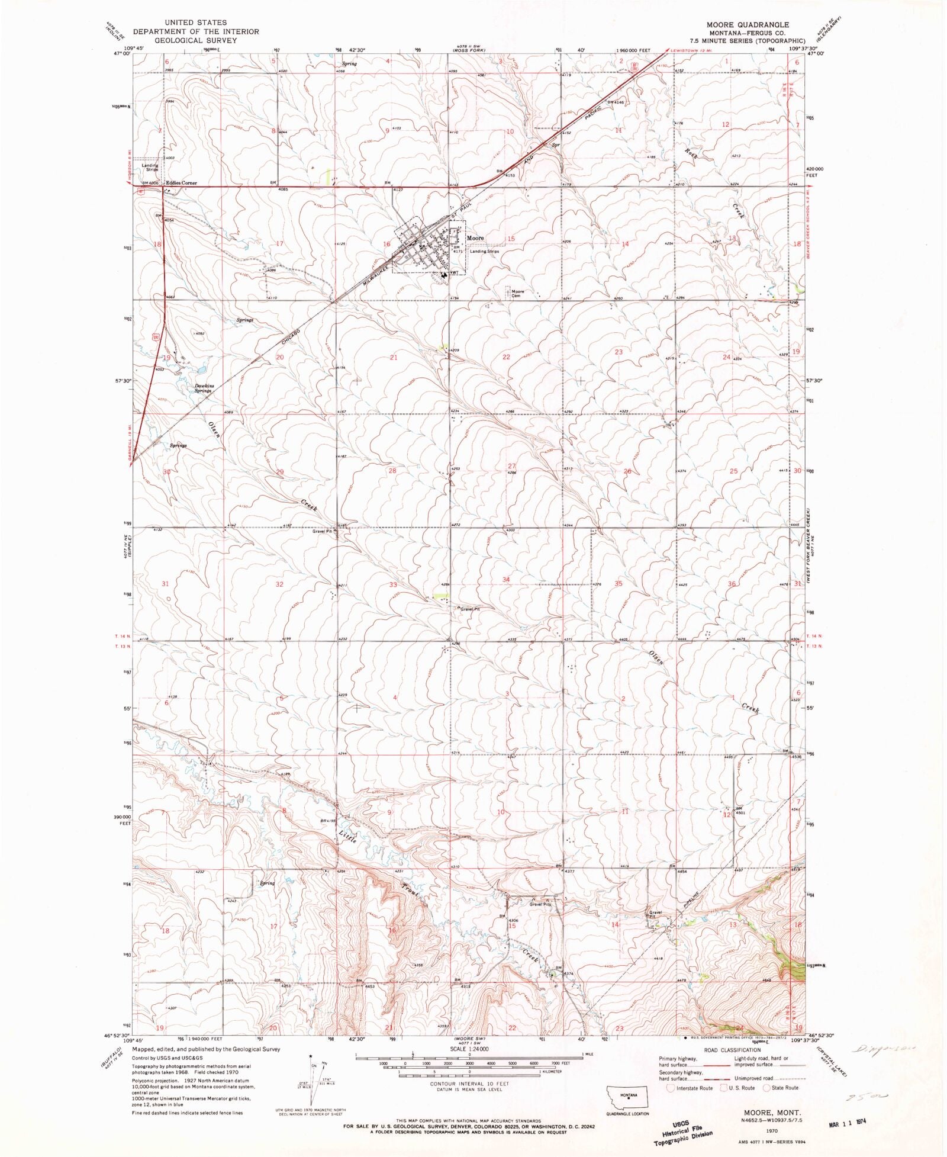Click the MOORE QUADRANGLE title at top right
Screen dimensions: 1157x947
747,25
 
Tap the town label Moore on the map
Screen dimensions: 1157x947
475,238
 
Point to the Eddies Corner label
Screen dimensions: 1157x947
181,183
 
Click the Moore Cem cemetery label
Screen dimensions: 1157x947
518,294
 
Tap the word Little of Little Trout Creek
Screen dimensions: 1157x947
348,841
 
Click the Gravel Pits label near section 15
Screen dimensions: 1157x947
540,904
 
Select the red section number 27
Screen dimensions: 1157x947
512,466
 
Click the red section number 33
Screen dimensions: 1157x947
392,584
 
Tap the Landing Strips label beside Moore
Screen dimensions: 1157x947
484,251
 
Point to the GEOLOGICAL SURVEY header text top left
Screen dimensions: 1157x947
195,40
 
